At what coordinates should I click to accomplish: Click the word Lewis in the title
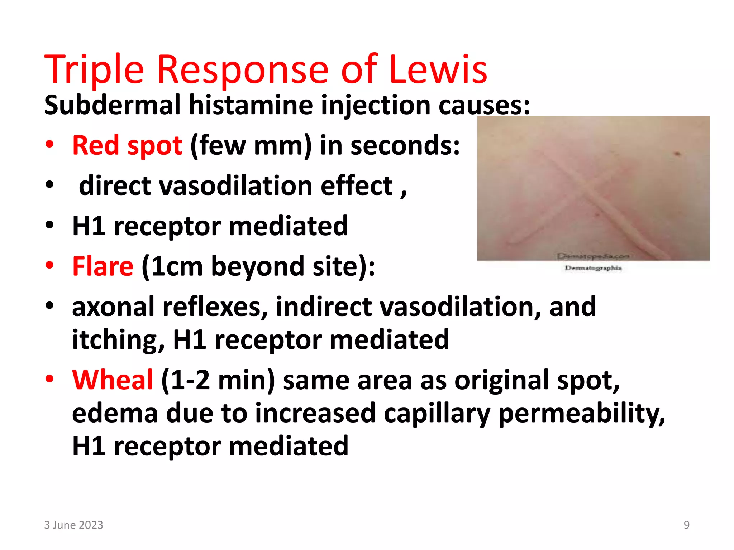(x=438, y=69)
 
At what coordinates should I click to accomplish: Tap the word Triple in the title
(x=94, y=69)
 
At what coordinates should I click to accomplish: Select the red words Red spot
(x=127, y=146)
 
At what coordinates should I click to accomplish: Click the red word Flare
(x=103, y=266)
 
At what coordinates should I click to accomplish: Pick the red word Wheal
(x=113, y=380)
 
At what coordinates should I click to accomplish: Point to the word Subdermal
(x=113, y=105)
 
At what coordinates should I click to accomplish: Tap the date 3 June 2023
(x=73, y=525)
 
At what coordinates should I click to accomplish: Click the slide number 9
(x=686, y=525)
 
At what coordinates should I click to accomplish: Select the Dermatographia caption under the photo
(x=593, y=268)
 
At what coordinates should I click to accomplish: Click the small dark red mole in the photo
(x=677, y=154)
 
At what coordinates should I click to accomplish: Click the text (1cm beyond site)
(x=258, y=266)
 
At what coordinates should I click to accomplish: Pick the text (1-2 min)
(x=218, y=380)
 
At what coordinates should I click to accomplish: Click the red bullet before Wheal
(x=49, y=379)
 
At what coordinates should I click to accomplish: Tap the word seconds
(x=405, y=146)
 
